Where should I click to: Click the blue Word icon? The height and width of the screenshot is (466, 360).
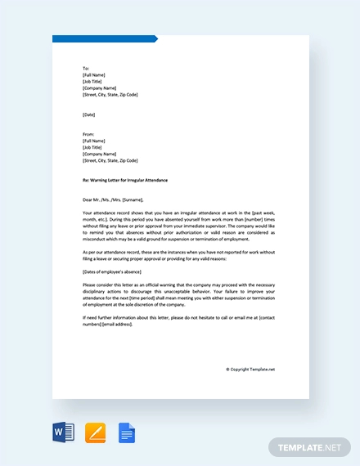(x=64, y=432)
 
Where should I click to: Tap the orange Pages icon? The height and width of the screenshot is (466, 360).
(x=95, y=432)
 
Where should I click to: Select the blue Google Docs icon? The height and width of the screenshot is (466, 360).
(x=126, y=432)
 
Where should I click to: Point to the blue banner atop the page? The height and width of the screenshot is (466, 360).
(x=104, y=38)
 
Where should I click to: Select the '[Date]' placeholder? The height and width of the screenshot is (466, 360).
(x=89, y=114)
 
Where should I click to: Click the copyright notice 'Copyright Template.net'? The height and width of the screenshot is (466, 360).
(x=251, y=369)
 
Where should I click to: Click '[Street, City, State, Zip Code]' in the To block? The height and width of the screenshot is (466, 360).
(x=110, y=95)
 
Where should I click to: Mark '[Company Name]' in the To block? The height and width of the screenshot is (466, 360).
(x=99, y=88)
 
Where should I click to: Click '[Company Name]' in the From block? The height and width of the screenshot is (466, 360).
(x=99, y=154)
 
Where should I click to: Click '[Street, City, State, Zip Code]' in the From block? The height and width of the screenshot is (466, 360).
(x=110, y=160)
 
